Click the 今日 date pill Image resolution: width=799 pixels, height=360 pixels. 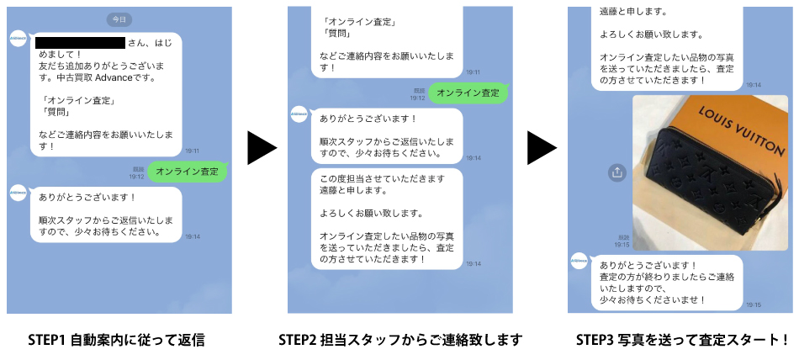pyautogui.click(x=119, y=19)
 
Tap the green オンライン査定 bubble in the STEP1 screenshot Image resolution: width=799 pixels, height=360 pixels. pyautogui.click(x=187, y=172)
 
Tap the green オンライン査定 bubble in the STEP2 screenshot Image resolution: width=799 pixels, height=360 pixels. pyautogui.click(x=468, y=93)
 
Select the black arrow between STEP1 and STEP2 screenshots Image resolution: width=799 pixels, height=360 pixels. pyautogui.click(x=262, y=148)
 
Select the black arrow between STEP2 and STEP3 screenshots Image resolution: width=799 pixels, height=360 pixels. pyautogui.click(x=542, y=148)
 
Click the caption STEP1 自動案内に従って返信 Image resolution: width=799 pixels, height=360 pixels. pyautogui.click(x=119, y=340)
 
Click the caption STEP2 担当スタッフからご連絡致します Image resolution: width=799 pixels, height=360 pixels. pyautogui.click(x=400, y=340)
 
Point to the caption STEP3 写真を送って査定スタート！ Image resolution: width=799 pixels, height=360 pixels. pyautogui.click(x=682, y=340)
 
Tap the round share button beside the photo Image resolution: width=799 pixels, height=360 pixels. pyautogui.click(x=616, y=172)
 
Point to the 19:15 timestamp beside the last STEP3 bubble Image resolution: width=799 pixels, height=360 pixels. pyautogui.click(x=753, y=304)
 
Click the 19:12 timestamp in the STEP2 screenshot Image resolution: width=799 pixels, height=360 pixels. pyautogui.click(x=418, y=98)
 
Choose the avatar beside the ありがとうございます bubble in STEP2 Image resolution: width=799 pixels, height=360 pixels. pyautogui.click(x=299, y=114)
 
